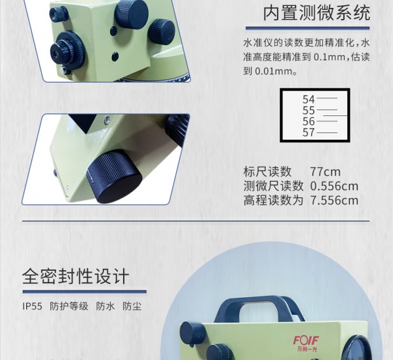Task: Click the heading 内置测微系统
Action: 316,13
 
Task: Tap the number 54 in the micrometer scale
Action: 309,100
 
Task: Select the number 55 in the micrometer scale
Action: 309,110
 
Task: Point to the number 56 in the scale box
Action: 309,121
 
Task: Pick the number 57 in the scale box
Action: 309,132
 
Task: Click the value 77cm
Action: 325,172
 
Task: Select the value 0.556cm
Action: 334,186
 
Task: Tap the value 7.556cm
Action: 334,201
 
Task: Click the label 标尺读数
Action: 267,172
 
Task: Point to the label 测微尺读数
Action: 273,186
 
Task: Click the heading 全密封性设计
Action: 76,277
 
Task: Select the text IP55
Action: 32,306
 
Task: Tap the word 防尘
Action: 132,306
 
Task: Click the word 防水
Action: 105,306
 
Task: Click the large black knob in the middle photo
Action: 114,176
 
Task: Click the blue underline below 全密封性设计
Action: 84,292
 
